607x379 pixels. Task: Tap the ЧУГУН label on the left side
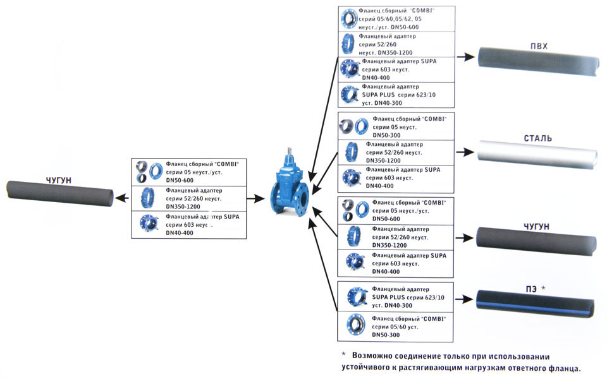point(59,181)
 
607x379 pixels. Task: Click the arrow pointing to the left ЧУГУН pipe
point(124,198)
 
